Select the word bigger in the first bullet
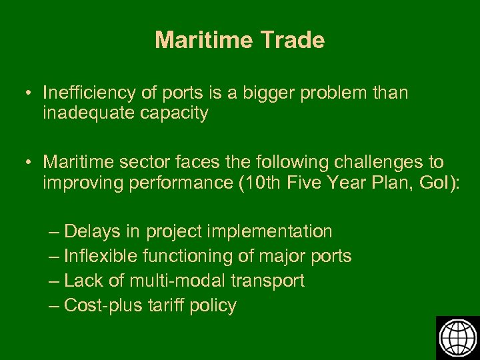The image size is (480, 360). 275,93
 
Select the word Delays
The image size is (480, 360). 91,231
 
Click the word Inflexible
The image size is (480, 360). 101,256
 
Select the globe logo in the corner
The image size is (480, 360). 457,337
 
